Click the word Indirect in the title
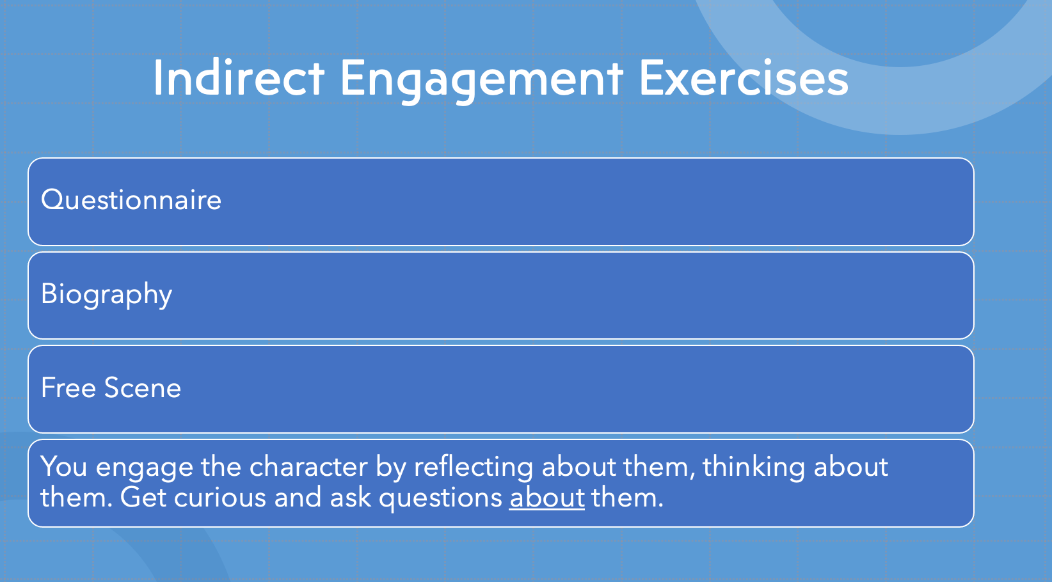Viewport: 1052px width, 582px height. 239,78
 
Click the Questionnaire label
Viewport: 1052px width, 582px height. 131,200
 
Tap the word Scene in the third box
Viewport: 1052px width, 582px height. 143,388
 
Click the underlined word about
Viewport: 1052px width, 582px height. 547,498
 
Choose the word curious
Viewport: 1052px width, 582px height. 220,498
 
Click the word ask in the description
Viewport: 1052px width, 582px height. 351,498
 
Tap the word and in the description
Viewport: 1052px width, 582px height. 298,498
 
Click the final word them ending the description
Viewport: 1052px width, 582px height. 627,498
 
